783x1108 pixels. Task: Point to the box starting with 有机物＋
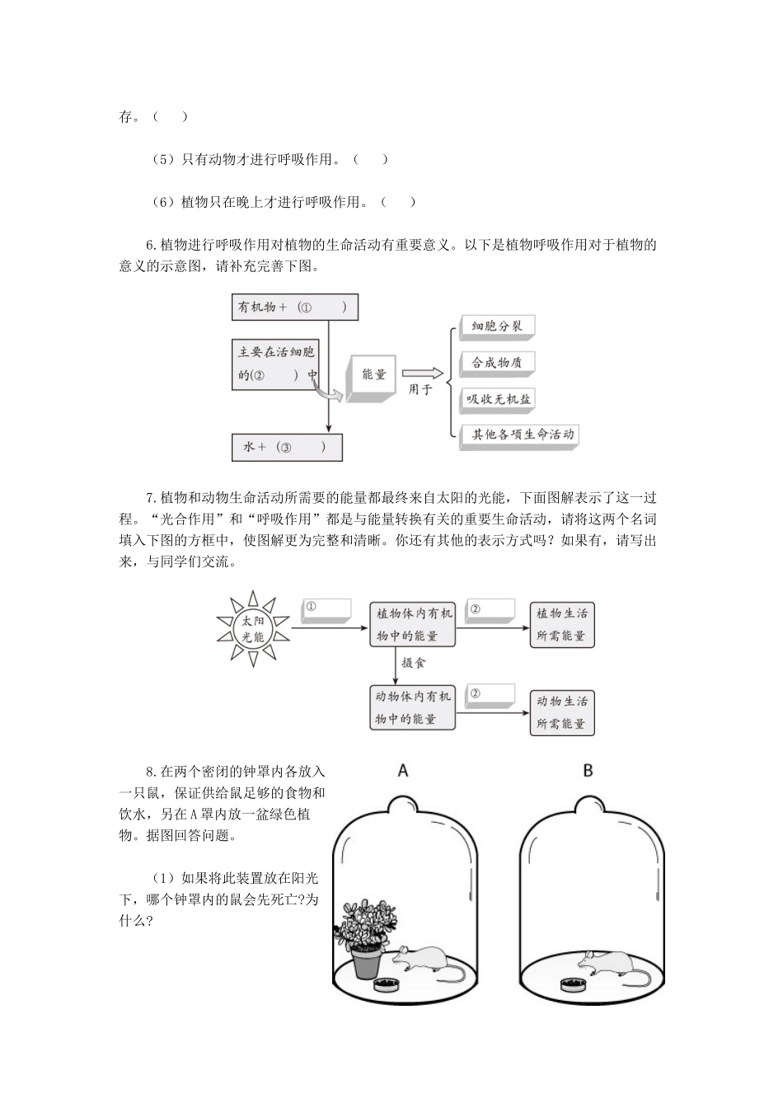[295, 308]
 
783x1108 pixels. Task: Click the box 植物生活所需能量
[562, 624]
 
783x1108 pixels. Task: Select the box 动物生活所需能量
[562, 712]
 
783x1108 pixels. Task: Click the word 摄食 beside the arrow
[413, 662]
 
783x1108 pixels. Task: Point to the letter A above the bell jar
[403, 771]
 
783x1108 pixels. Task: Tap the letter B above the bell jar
[588, 771]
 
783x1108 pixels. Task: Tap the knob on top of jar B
[588, 803]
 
